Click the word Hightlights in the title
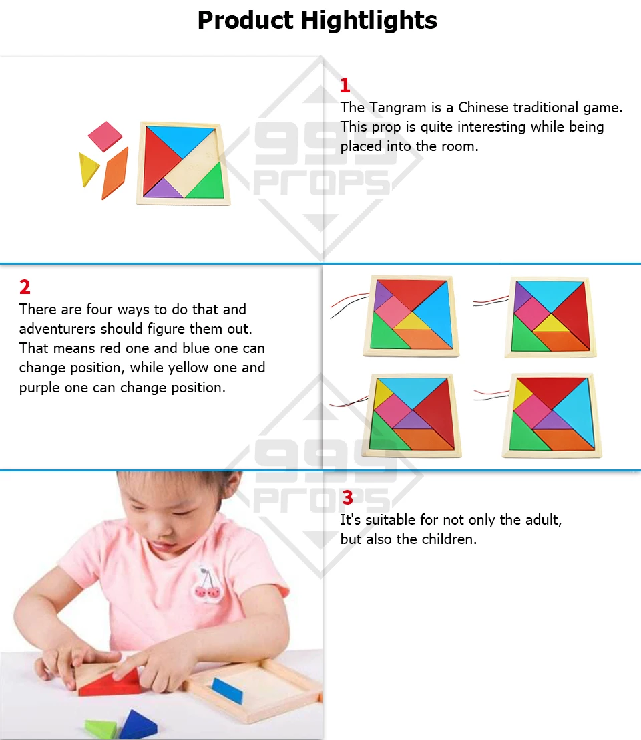pos(369,20)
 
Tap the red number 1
pos(345,86)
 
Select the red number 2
pos(25,287)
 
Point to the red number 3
pos(347,497)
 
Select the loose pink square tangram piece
pos(105,136)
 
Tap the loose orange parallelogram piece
pos(115,173)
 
